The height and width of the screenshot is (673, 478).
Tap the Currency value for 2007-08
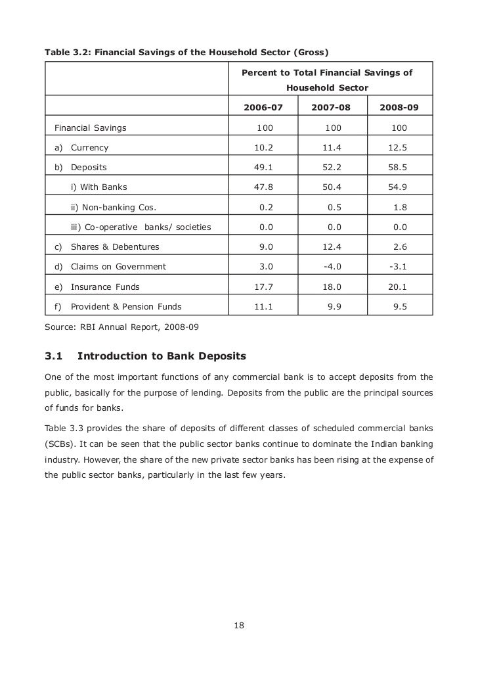point(332,148)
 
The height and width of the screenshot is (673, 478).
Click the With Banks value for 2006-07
point(263,187)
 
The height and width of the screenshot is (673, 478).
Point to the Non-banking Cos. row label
point(114,208)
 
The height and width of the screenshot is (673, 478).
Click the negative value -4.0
point(332,267)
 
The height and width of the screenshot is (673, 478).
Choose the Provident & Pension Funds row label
point(126,306)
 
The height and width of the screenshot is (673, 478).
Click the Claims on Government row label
point(118,267)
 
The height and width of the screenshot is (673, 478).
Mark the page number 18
point(239,625)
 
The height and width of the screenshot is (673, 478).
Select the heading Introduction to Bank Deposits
point(162,356)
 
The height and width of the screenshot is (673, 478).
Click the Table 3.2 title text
point(186,51)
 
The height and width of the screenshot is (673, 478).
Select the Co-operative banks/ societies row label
point(141,227)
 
